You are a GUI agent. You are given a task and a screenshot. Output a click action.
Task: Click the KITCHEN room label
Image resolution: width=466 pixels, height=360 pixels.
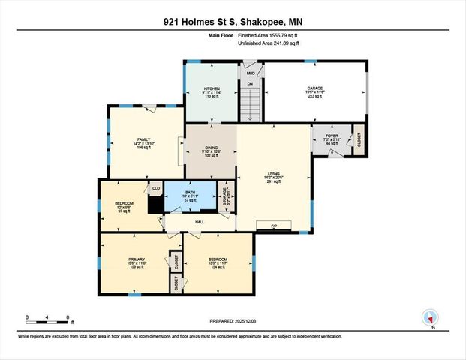tap(212, 88)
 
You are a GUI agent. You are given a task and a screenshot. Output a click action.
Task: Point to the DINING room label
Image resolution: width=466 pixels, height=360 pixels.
tap(212, 147)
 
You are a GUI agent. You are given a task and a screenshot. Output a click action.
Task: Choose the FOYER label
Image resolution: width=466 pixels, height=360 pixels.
tap(331, 136)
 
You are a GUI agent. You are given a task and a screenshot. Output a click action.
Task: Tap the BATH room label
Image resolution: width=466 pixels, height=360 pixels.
tap(191, 193)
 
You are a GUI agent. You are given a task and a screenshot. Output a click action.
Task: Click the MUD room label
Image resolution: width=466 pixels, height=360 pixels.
tap(251, 73)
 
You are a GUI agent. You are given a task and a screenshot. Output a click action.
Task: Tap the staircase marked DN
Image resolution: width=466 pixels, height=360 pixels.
tap(251, 101)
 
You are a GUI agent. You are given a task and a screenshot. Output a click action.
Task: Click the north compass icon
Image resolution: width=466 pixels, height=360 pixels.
tap(431, 318)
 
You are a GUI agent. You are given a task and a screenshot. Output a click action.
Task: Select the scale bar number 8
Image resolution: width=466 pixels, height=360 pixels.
tap(69, 317)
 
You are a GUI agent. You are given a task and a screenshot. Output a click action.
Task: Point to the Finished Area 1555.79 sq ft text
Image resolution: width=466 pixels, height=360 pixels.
tap(269, 35)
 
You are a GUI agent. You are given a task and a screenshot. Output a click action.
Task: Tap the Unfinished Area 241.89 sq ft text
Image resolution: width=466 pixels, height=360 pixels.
tap(269, 43)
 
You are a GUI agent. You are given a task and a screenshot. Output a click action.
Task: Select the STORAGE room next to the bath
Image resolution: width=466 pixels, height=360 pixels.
tap(224, 196)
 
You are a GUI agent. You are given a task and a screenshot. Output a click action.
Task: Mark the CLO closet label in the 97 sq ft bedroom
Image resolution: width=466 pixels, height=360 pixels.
tap(156, 189)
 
